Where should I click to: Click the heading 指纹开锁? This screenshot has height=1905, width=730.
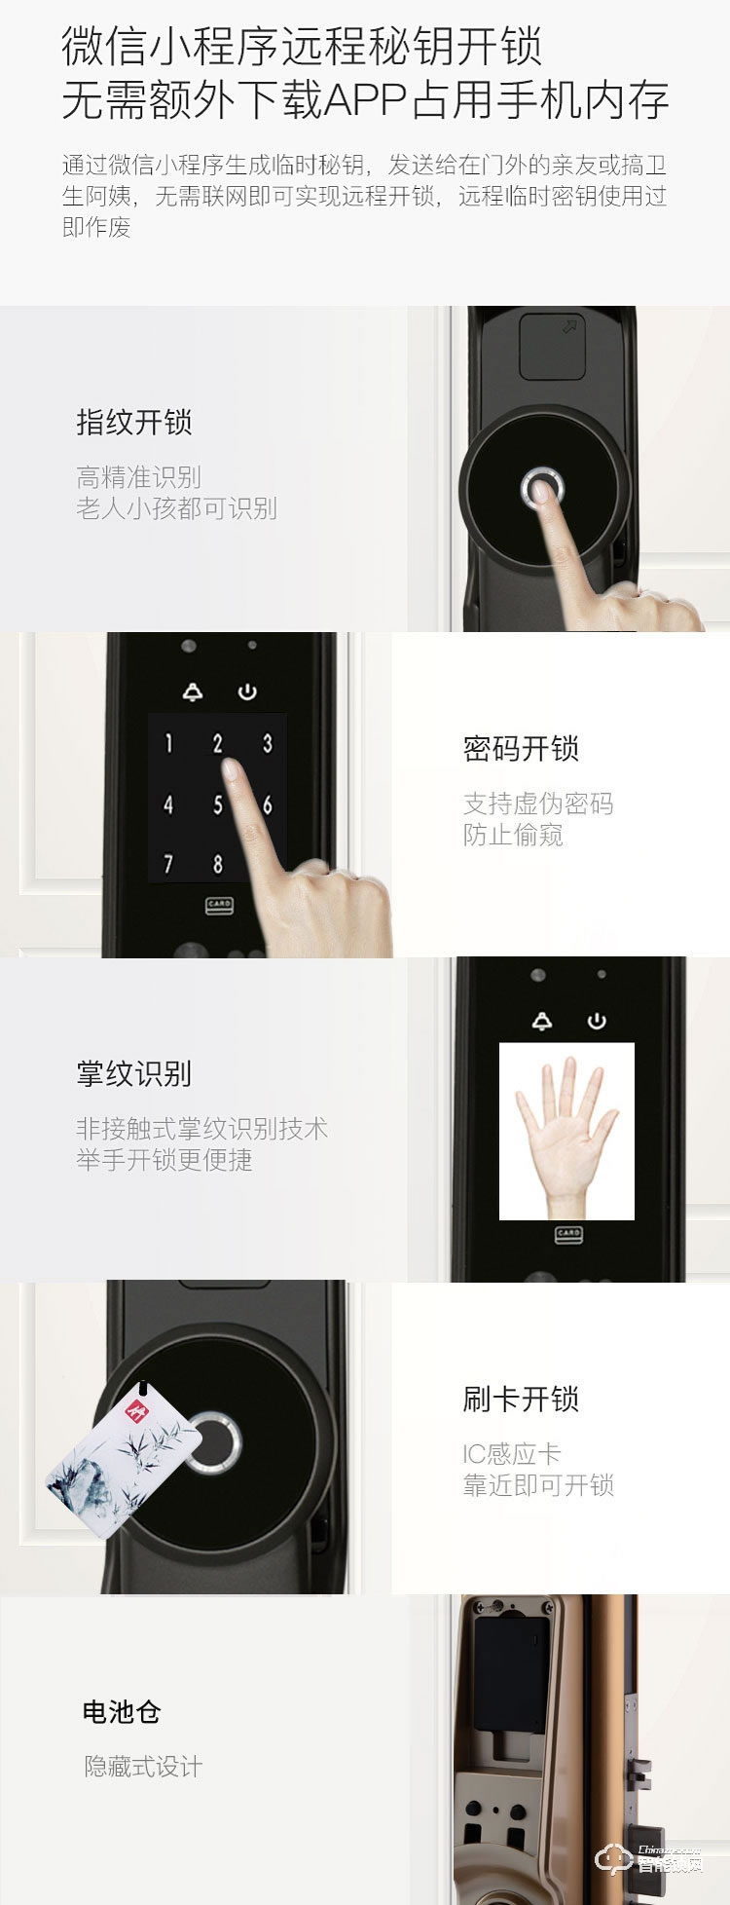pos(134,423)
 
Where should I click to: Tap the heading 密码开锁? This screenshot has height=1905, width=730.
pos(521,749)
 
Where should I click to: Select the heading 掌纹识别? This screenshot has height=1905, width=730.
pos(134,1074)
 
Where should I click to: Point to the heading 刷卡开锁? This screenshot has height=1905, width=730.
pos(521,1400)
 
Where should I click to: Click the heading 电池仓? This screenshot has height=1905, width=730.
pos(122,1712)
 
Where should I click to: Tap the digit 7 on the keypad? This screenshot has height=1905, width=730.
pos(168,864)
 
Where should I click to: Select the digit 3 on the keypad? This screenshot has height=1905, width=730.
pos(267,744)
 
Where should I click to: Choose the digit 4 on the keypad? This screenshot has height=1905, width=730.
pos(168,804)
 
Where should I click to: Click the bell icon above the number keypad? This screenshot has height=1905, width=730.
pos(193,692)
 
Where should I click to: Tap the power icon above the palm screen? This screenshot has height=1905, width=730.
pos(596,1021)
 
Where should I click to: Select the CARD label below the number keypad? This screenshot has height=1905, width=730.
pos(219,905)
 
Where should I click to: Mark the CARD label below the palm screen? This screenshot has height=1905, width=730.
pos(568,1233)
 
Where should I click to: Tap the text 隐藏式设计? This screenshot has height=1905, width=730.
pos(143,1767)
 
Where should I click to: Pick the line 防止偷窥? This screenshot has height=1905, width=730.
pos(513,835)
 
